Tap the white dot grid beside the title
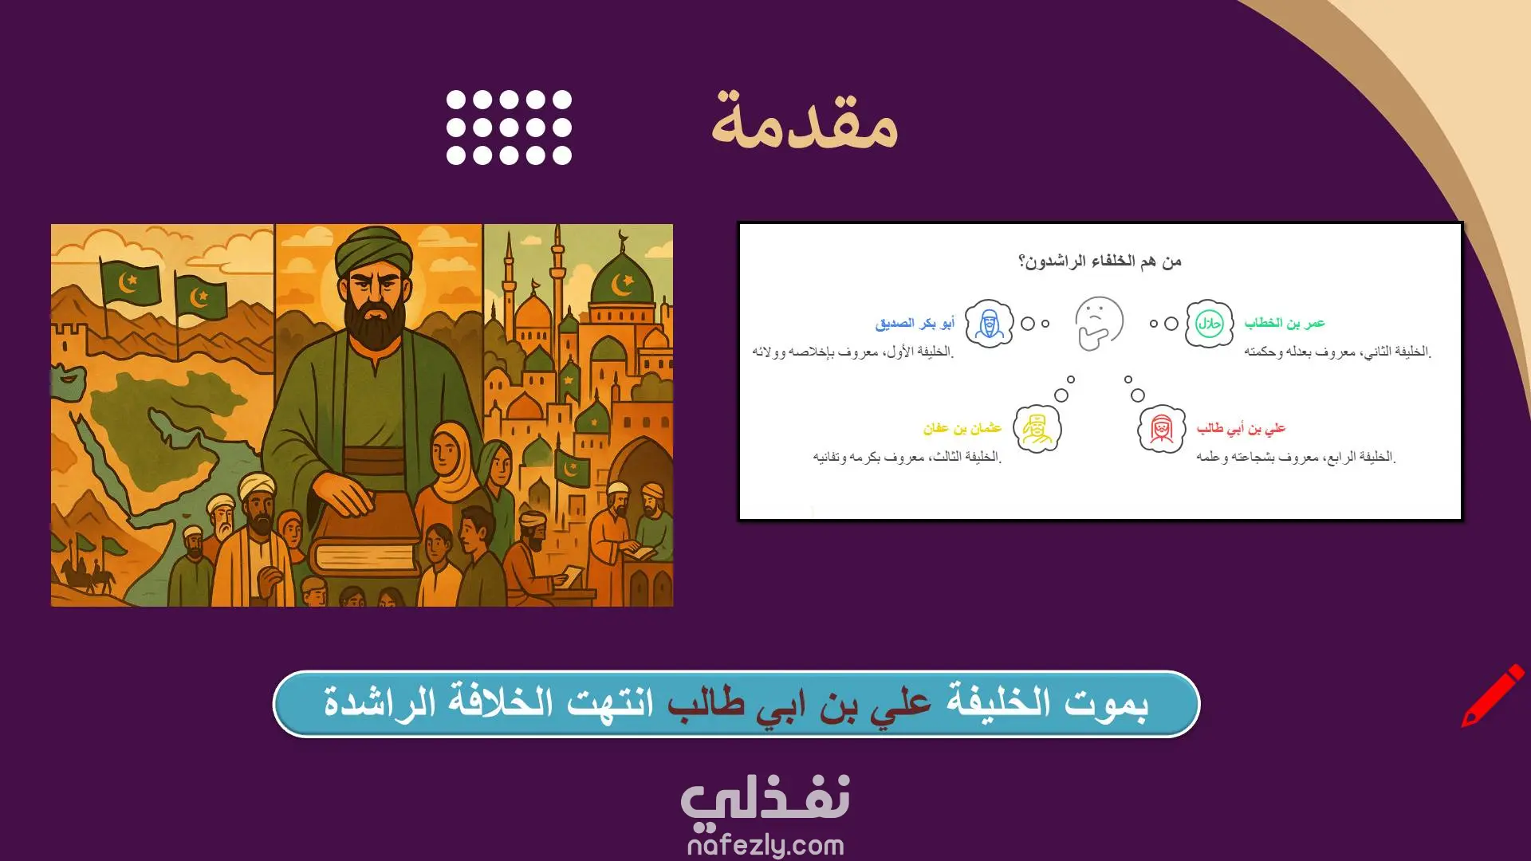[x=509, y=128]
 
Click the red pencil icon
[x=1492, y=695]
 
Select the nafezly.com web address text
[x=765, y=844]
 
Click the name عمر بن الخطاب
[x=1285, y=323]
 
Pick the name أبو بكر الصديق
[x=915, y=323]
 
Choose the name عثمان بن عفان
[x=962, y=428]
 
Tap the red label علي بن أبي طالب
[x=1241, y=429]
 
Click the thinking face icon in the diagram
[x=1099, y=323]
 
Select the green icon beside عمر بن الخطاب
[x=1209, y=324]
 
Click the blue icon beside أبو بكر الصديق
[x=989, y=324]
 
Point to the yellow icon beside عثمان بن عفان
[x=1037, y=429]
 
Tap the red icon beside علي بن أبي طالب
[x=1161, y=429]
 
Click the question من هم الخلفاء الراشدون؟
[x=1100, y=261]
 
